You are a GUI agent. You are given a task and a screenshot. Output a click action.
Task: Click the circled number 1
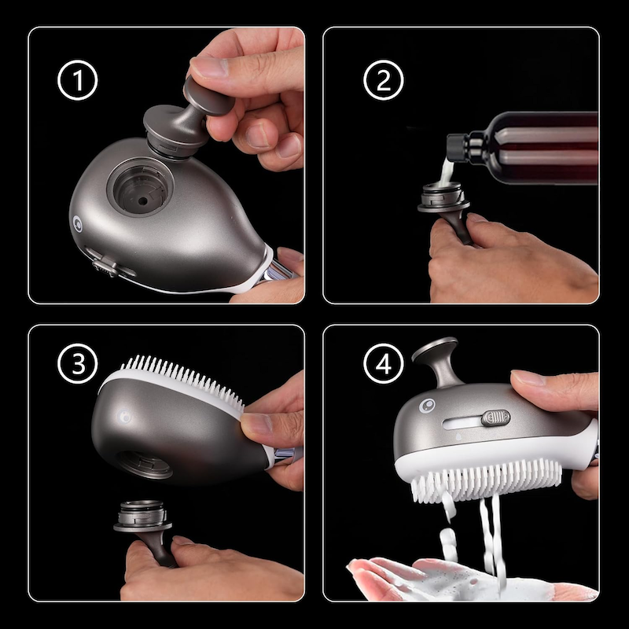click(x=77, y=82)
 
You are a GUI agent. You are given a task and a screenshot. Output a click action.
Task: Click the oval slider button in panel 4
click(x=495, y=417)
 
